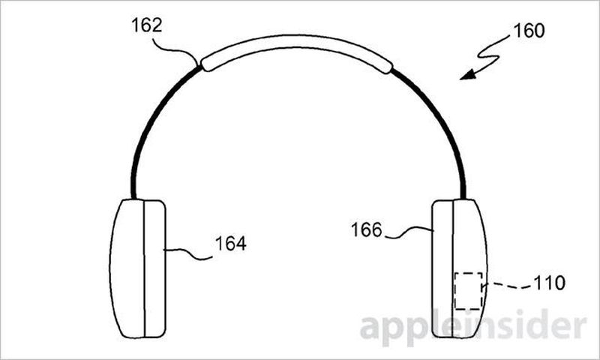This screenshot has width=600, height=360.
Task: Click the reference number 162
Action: click(x=146, y=25)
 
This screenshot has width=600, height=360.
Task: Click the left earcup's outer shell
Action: click(x=127, y=268)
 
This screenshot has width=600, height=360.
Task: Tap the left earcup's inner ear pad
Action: click(x=154, y=268)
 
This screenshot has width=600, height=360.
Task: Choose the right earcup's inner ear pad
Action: click(x=442, y=268)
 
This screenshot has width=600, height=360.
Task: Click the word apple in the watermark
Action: click(x=409, y=328)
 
